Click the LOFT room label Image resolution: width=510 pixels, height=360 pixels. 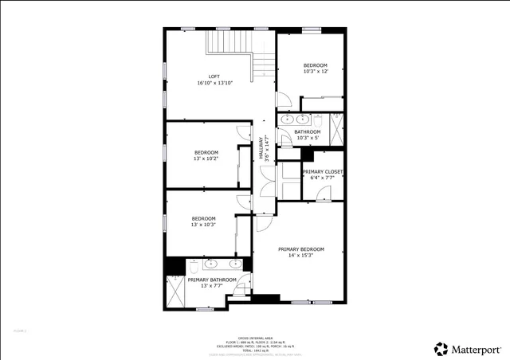(214, 76)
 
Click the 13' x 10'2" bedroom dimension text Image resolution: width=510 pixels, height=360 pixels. (206, 158)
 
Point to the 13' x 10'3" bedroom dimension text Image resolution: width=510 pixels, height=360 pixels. (203, 225)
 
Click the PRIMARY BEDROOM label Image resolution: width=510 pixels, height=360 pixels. (300, 249)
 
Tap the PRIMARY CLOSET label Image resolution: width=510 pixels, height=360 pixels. (323, 171)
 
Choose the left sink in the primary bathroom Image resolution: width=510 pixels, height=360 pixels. (211, 264)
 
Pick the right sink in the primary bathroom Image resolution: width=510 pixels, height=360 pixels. (236, 264)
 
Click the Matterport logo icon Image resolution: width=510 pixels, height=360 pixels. (440, 349)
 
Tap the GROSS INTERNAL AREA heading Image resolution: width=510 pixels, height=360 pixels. (255, 337)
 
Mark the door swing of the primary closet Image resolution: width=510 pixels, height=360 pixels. (322, 195)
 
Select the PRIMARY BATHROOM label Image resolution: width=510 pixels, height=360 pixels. (212, 280)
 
